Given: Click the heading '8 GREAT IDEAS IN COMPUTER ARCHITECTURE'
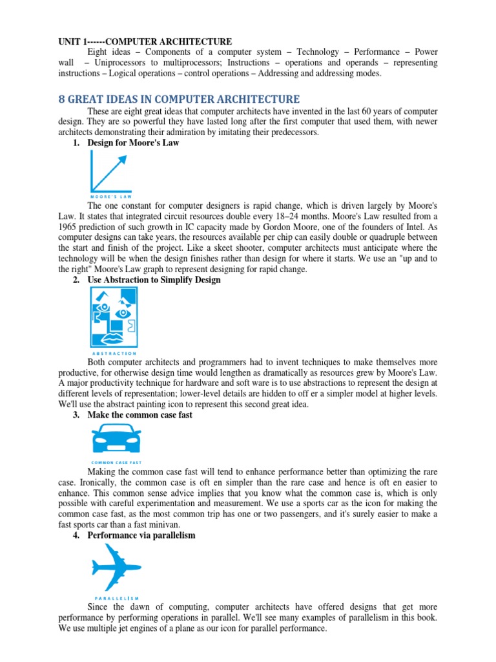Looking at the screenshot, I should (x=179, y=99).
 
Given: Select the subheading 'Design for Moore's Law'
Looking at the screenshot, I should (x=133, y=143).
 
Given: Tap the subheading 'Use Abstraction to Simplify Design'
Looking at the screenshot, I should (x=154, y=280).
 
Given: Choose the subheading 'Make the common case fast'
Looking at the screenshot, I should (x=139, y=415).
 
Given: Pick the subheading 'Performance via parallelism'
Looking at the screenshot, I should (x=141, y=535).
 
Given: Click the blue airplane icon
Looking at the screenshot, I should (x=116, y=568).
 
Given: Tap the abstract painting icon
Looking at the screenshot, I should (x=114, y=318).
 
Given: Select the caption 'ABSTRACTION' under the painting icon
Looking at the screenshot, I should (x=114, y=354).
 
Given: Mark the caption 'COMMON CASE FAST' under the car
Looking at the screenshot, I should (x=116, y=463).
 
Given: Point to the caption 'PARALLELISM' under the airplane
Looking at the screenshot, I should (x=116, y=598).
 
